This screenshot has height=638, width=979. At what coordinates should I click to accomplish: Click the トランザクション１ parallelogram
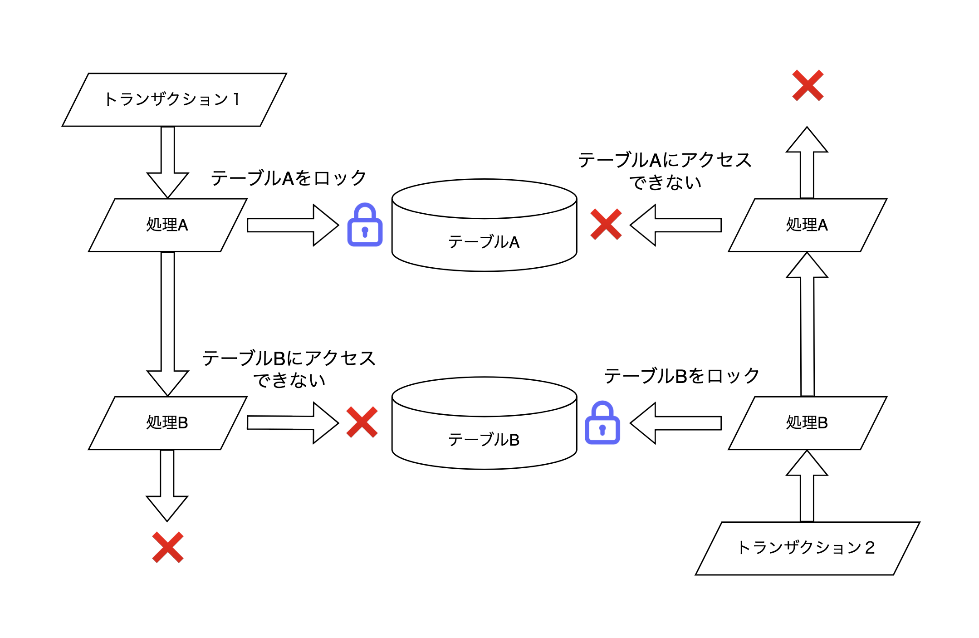click(x=174, y=100)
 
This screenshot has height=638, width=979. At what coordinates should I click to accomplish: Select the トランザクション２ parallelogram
click(x=808, y=548)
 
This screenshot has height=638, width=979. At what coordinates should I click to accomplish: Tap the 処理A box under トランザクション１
click(x=167, y=225)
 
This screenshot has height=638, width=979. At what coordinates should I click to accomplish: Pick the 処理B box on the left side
click(x=167, y=423)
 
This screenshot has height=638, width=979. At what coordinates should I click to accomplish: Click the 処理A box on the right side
click(x=808, y=225)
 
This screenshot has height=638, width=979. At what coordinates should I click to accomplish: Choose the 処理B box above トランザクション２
click(x=808, y=423)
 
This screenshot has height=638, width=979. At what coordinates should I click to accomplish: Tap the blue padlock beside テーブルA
click(x=365, y=226)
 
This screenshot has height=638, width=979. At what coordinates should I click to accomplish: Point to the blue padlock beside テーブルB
click(x=602, y=423)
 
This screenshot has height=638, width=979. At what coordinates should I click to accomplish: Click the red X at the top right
click(x=808, y=85)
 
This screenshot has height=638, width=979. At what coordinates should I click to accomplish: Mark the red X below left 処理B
click(x=168, y=547)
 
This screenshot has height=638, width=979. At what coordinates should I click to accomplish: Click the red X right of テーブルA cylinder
click(x=606, y=224)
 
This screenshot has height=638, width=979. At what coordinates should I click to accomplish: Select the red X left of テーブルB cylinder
click(x=362, y=422)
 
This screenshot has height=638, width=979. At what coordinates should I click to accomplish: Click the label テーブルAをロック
click(x=289, y=178)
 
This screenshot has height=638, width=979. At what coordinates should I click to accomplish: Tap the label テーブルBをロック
click(x=681, y=376)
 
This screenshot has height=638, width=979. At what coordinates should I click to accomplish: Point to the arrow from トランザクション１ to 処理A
click(x=168, y=163)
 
